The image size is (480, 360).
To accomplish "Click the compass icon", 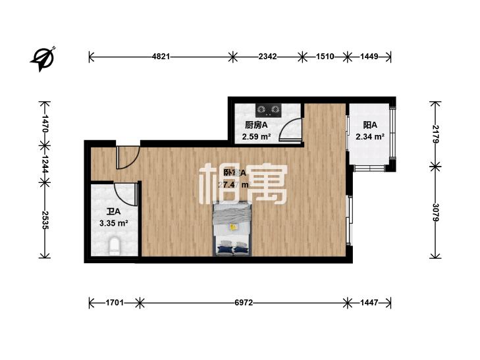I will [x=44, y=58].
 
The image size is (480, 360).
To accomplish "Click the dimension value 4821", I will [x=161, y=57].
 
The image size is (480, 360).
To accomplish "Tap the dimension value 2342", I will [x=267, y=57].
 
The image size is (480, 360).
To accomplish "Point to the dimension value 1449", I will [x=369, y=57].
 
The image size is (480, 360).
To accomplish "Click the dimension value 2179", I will [x=434, y=134].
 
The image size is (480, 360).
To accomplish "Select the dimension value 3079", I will [x=434, y=213].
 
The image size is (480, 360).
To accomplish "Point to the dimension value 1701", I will [x=115, y=303].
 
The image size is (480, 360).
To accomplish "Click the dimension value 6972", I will [x=244, y=303].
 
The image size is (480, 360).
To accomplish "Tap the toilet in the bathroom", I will [x=115, y=247].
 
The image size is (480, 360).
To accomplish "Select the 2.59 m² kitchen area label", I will [x=257, y=137].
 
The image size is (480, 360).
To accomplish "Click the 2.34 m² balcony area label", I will [x=369, y=137].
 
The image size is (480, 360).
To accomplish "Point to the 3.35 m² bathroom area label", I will [x=113, y=223].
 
